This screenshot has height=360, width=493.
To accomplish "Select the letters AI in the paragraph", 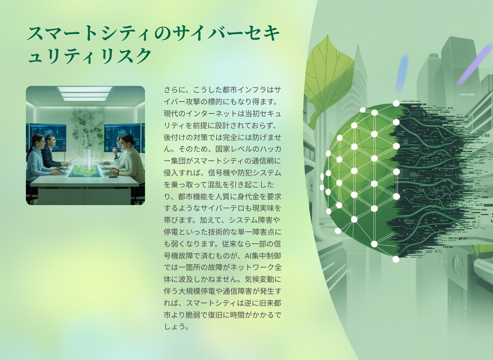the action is point(248,256).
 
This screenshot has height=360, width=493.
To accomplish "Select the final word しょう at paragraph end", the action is point(175,327).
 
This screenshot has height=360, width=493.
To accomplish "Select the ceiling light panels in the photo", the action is point(85,94).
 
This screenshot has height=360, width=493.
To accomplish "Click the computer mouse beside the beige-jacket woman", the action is point(113,176).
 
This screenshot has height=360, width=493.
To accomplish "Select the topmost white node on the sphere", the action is point(396,103).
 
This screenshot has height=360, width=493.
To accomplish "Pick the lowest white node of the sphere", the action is point(396,259).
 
